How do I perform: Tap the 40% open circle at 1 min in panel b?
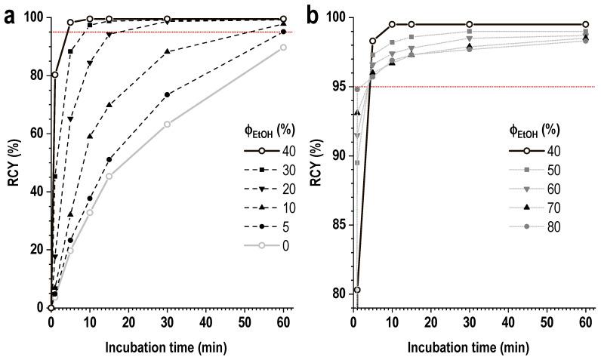[357, 290]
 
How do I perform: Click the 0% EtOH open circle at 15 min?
[109, 176]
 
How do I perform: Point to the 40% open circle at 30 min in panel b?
[470, 24]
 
